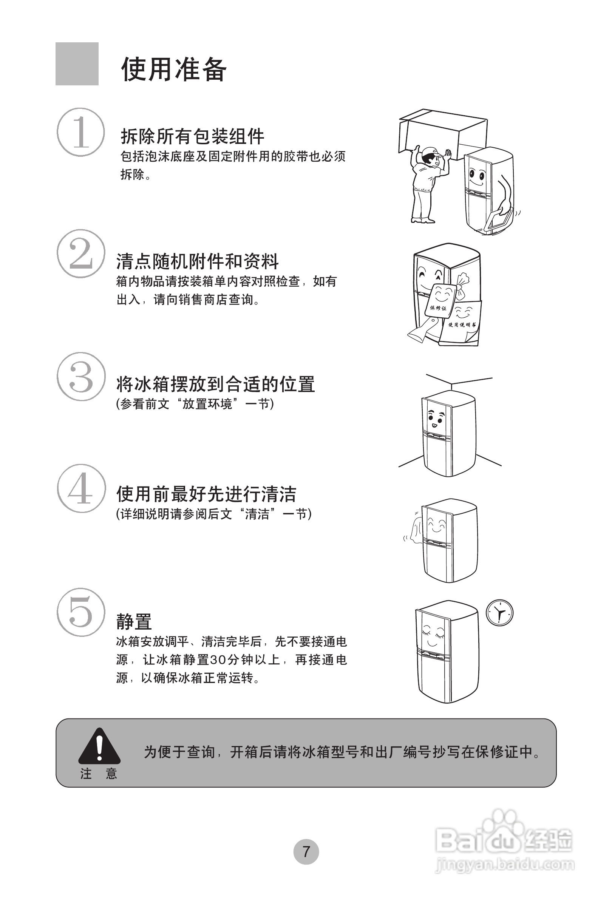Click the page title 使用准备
coord(174,70)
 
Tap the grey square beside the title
coord(77,64)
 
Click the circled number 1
coord(81,132)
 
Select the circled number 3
coord(81,376)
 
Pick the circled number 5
coord(81,612)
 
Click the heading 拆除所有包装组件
coord(192,136)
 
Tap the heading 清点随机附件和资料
coord(197,261)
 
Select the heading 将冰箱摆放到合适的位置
coord(215,384)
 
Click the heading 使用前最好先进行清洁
coord(206,494)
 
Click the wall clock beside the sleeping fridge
coord(499,613)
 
